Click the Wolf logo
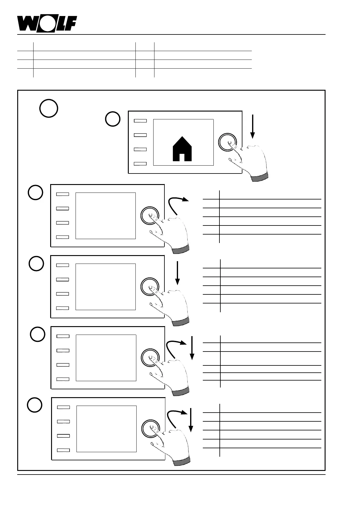[47, 24]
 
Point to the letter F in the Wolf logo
[71, 24]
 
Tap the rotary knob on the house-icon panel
[227, 142]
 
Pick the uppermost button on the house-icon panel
[140, 121]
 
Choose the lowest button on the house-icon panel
[140, 164]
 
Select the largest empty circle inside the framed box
[49, 108]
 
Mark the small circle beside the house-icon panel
[113, 119]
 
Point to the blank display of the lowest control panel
[106, 429]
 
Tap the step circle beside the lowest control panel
[35, 405]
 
